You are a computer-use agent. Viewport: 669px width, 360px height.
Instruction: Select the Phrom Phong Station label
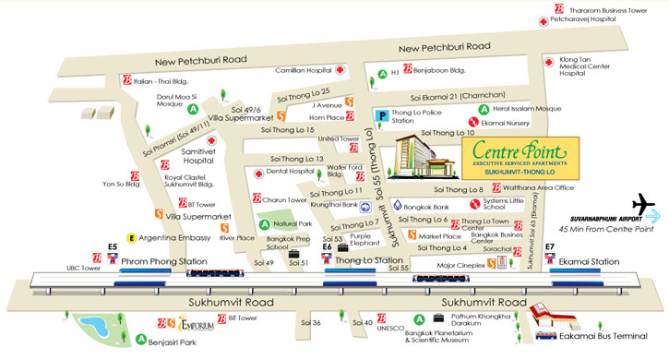tap(164, 261)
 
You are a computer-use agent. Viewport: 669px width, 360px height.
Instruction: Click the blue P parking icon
tap(381, 115)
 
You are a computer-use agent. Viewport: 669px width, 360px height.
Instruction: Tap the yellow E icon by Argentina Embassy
tap(132, 237)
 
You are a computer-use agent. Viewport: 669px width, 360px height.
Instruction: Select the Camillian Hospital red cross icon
tap(340, 70)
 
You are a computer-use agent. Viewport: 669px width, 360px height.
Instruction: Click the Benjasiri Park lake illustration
tap(95, 328)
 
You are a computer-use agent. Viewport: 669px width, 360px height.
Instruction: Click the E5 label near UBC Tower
tap(113, 246)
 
